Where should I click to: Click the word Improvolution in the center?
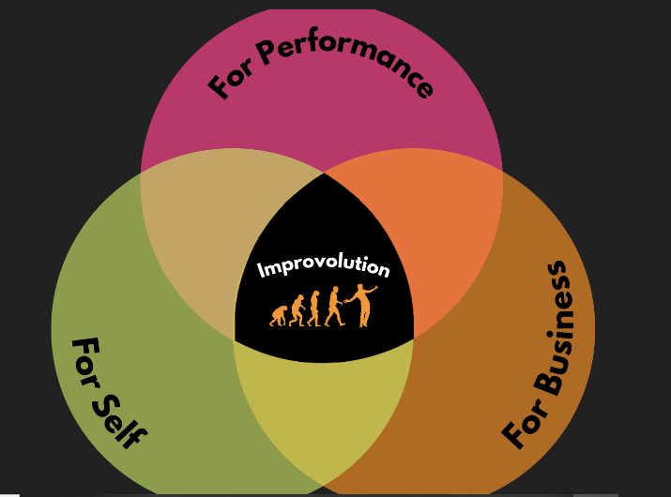tap(323, 268)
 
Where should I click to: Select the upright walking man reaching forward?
tap(335, 307)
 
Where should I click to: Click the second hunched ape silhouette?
tap(297, 310)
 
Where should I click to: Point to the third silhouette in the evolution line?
tap(314, 309)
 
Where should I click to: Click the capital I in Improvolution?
tap(261, 271)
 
